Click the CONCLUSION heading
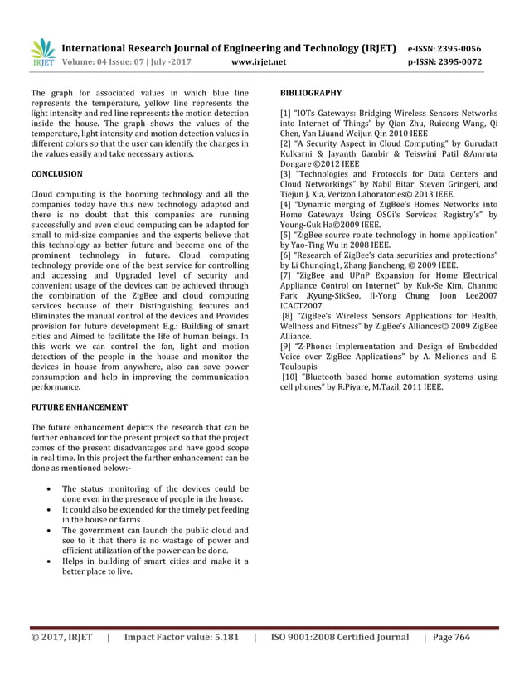56,174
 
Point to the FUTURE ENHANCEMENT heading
79,407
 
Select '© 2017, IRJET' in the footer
63,660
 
